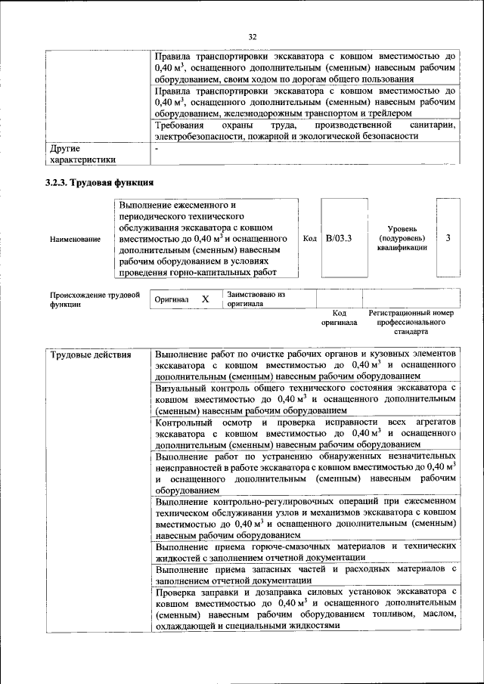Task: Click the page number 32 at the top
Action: tap(253, 36)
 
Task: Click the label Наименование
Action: tap(75, 240)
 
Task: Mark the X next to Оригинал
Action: tap(205, 299)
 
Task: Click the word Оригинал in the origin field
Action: tap(171, 300)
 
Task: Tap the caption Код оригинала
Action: tap(339, 317)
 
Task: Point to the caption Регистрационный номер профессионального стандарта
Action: tap(411, 322)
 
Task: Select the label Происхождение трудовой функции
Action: tap(95, 299)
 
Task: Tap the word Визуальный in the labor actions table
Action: tap(181, 387)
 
